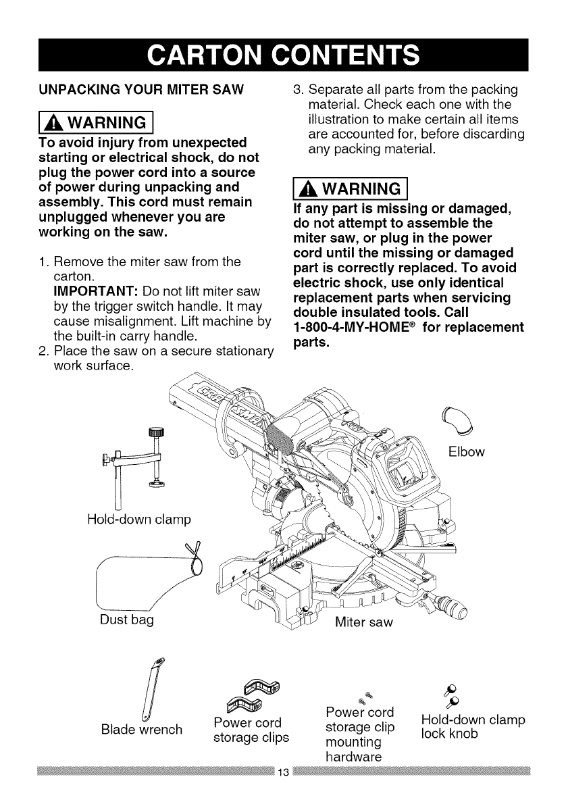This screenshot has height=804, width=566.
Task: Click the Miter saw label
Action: tap(364, 620)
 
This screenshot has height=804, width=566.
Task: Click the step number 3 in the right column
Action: tap(294, 89)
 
